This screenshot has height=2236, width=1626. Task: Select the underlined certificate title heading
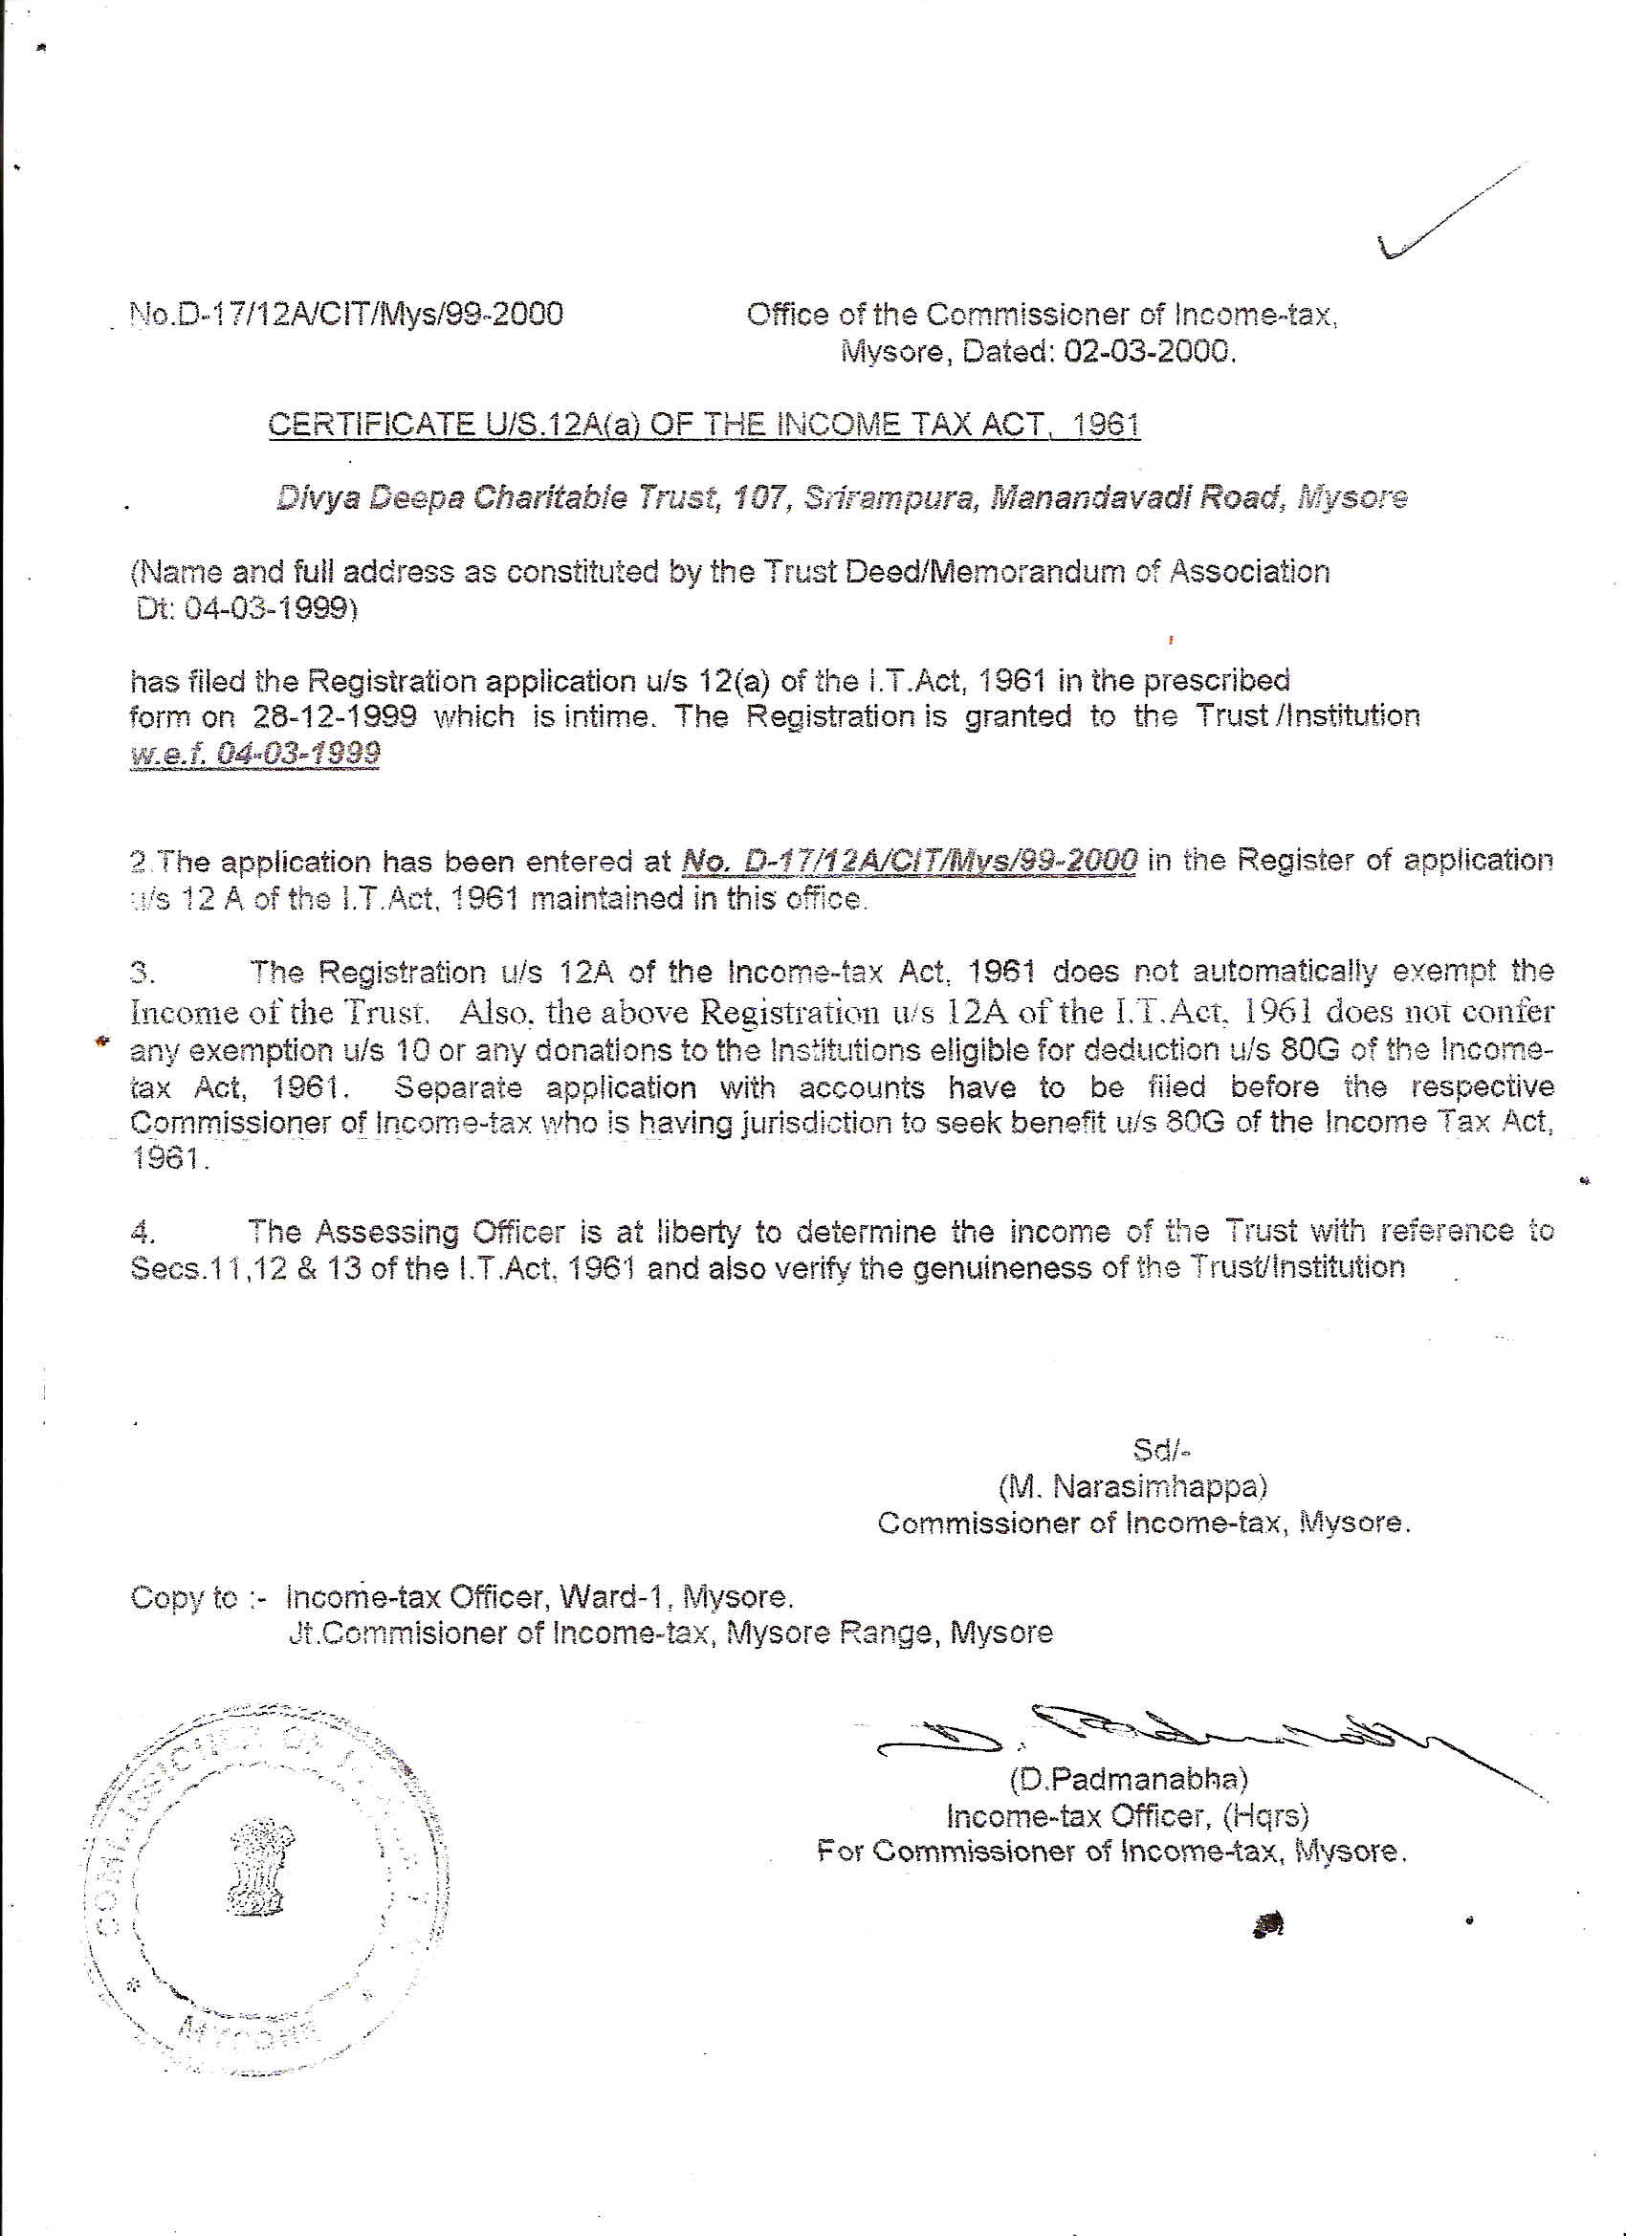(704, 425)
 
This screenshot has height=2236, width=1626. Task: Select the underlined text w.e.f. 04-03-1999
(254, 756)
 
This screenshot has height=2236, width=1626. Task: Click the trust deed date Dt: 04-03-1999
(247, 608)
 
